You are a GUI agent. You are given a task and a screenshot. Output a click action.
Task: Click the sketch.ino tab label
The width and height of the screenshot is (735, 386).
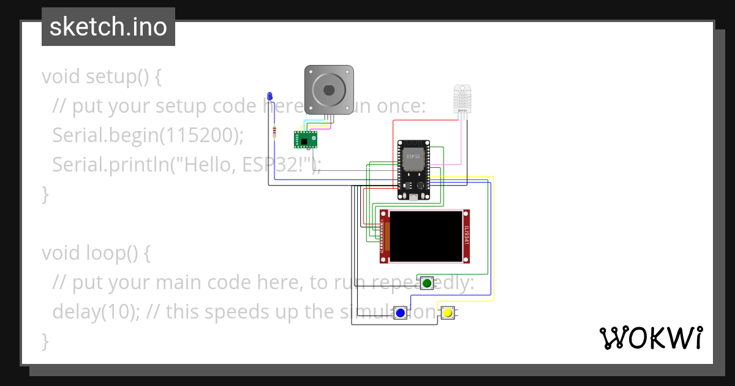coord(108,27)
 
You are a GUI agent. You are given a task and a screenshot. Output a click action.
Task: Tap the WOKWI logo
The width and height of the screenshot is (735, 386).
coord(650,338)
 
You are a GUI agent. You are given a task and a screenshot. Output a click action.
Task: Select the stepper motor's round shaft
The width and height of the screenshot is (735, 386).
coord(330,89)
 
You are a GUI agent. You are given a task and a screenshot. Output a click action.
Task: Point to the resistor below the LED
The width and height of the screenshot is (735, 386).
coord(274,132)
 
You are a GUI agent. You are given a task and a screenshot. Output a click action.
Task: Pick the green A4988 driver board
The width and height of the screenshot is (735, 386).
coord(306,140)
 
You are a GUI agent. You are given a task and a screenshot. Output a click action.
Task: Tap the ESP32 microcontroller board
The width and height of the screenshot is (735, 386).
coord(413,168)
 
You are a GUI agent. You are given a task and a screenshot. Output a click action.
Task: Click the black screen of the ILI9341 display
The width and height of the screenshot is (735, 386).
coord(426,236)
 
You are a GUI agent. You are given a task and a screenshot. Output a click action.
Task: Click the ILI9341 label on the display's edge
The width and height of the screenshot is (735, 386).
coord(466,236)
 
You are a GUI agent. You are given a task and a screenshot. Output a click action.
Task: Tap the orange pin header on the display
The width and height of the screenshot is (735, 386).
coord(386,236)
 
